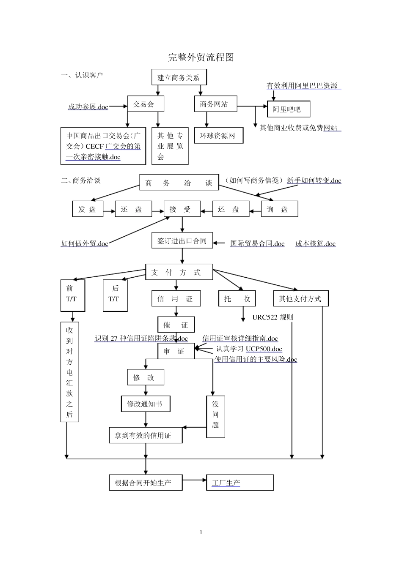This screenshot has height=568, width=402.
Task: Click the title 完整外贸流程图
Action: click(201, 57)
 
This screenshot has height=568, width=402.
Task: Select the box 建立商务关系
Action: click(179, 77)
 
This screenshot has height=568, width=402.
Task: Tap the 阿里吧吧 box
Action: click(289, 109)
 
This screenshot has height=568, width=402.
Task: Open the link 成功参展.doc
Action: click(88, 107)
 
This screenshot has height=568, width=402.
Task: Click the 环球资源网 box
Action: click(218, 136)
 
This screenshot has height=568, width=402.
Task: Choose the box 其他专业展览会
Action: click(170, 146)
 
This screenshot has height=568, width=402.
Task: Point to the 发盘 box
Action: click(88, 209)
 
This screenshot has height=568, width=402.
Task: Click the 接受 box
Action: click(182, 209)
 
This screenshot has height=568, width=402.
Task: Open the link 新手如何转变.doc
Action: click(314, 180)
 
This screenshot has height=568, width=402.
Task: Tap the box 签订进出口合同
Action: click(182, 241)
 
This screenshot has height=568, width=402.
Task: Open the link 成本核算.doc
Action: click(315, 243)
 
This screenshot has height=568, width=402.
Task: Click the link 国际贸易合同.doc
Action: click(257, 243)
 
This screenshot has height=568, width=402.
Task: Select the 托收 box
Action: click(237, 299)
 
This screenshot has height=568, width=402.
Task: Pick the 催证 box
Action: click(176, 325)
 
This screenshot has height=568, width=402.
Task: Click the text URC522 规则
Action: click(273, 317)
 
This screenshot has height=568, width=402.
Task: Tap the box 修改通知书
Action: click(146, 404)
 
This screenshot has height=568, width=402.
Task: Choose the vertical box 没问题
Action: click(215, 416)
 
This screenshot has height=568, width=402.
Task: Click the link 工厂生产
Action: click(226, 483)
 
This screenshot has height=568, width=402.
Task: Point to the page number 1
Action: click(201, 532)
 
